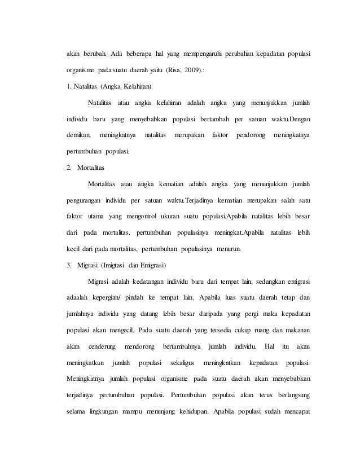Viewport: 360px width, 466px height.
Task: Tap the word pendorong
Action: pos(248,136)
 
